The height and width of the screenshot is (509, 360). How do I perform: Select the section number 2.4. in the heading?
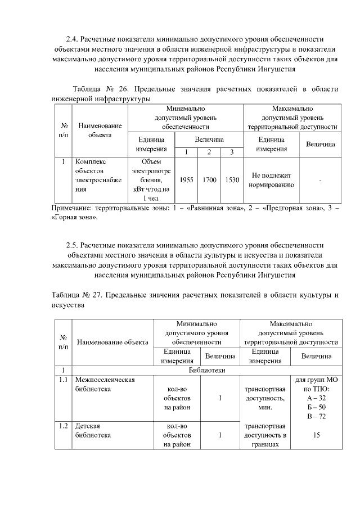72,39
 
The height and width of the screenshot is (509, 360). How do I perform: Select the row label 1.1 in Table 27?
63,380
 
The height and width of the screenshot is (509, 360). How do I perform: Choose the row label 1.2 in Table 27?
63,426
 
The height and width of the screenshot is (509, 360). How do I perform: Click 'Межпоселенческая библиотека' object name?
105,384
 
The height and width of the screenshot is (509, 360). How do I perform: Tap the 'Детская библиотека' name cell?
93,430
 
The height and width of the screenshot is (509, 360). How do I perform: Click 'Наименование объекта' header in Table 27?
112,341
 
